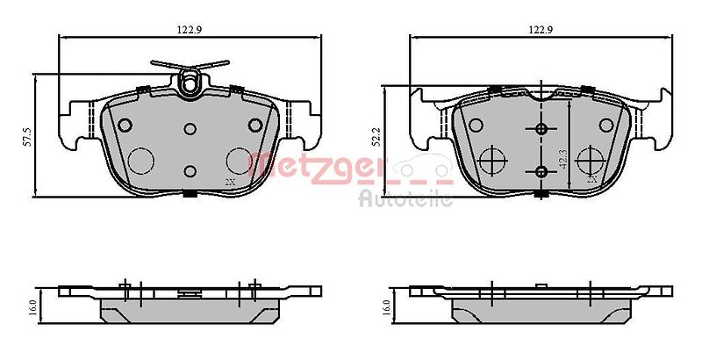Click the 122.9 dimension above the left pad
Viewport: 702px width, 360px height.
190,30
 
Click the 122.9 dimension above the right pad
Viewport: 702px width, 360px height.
541,30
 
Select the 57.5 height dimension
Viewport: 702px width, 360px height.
28,137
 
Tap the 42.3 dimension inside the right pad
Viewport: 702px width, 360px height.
563,158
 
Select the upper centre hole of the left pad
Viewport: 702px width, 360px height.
190,129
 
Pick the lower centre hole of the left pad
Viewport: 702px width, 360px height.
190,170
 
